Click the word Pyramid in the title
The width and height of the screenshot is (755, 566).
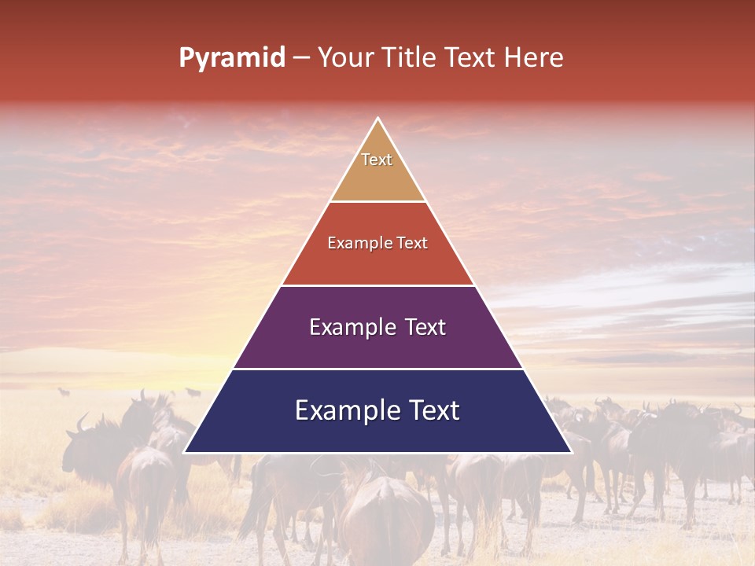pyautogui.click(x=231, y=58)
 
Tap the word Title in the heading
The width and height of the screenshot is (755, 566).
pyautogui.click(x=409, y=58)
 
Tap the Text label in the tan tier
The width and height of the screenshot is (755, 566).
pyautogui.click(x=377, y=160)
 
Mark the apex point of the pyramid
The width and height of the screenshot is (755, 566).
pyautogui.click(x=378, y=119)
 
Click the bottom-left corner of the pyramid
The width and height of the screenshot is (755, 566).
pyautogui.click(x=185, y=452)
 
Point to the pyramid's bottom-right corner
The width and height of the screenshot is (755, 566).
pyautogui.click(x=571, y=452)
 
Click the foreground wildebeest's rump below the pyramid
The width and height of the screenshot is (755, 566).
pyautogui.click(x=385, y=515)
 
